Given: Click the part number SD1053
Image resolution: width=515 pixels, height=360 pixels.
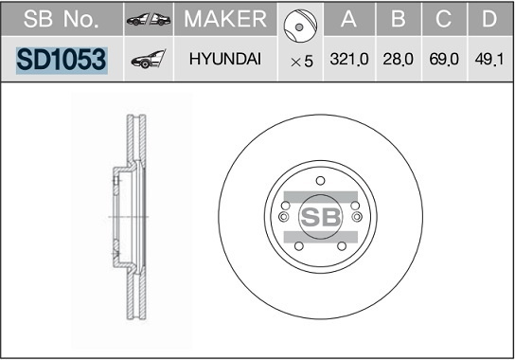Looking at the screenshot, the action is click(x=62, y=60).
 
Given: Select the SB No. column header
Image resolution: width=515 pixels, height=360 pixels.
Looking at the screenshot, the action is click(x=62, y=19).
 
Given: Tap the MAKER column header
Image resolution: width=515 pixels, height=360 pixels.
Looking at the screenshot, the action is click(x=225, y=19).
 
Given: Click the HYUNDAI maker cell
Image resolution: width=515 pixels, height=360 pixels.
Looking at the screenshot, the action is click(x=225, y=59).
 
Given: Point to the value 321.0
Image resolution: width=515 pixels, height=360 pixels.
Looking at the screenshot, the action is click(x=349, y=59).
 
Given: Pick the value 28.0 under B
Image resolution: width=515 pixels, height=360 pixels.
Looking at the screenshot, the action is click(x=398, y=59).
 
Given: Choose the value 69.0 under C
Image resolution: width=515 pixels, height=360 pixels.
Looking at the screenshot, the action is click(x=444, y=59).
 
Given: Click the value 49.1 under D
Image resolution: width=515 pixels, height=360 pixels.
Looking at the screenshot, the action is click(x=489, y=59).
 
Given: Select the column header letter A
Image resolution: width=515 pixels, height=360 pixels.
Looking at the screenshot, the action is click(x=348, y=19).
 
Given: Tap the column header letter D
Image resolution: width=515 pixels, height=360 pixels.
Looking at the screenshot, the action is click(x=489, y=19).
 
